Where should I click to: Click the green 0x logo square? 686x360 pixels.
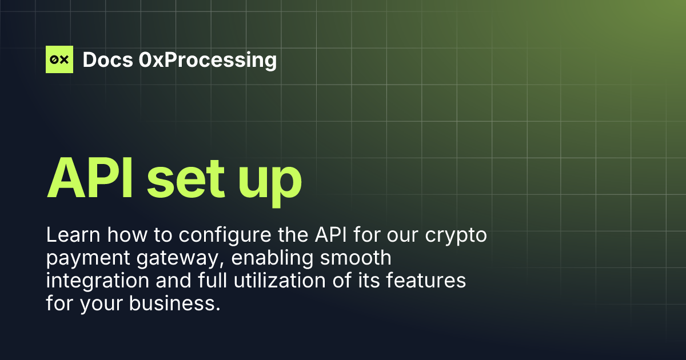[59, 59]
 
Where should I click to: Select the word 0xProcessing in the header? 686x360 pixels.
[208, 59]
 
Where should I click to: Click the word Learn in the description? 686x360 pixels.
[70, 235]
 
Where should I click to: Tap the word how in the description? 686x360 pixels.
[119, 235]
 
